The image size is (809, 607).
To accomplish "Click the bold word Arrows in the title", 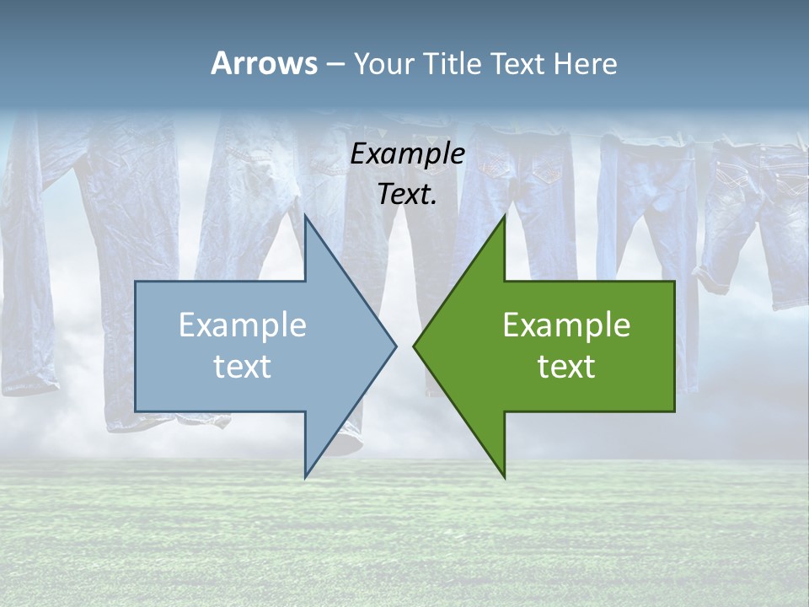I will pos(264,63).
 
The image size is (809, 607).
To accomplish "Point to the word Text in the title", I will pos(519,64).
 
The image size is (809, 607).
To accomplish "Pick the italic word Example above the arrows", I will pos(408,153).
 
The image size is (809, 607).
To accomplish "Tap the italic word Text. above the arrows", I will pos(408,195).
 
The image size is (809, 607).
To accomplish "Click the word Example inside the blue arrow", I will pos(243,325).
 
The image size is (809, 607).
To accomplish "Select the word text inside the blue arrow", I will pos(243,367).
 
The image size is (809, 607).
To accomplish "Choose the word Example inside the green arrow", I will pos(566,325).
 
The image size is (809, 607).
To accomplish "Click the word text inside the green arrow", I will pos(566,367).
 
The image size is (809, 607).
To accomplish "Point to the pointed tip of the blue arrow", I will pos(395,346).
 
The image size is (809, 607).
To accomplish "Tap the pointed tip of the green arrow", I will pos(414,346).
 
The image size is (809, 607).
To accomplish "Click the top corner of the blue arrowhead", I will pos(305,216).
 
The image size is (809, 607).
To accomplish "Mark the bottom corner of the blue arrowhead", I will pos(305,477).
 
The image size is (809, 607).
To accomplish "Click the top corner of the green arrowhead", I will pos(504,216).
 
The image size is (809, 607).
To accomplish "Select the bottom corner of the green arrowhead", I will pos(504,477).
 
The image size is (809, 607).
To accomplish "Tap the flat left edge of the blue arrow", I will pos(136,346).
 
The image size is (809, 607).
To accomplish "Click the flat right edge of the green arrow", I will pos(674,346).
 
